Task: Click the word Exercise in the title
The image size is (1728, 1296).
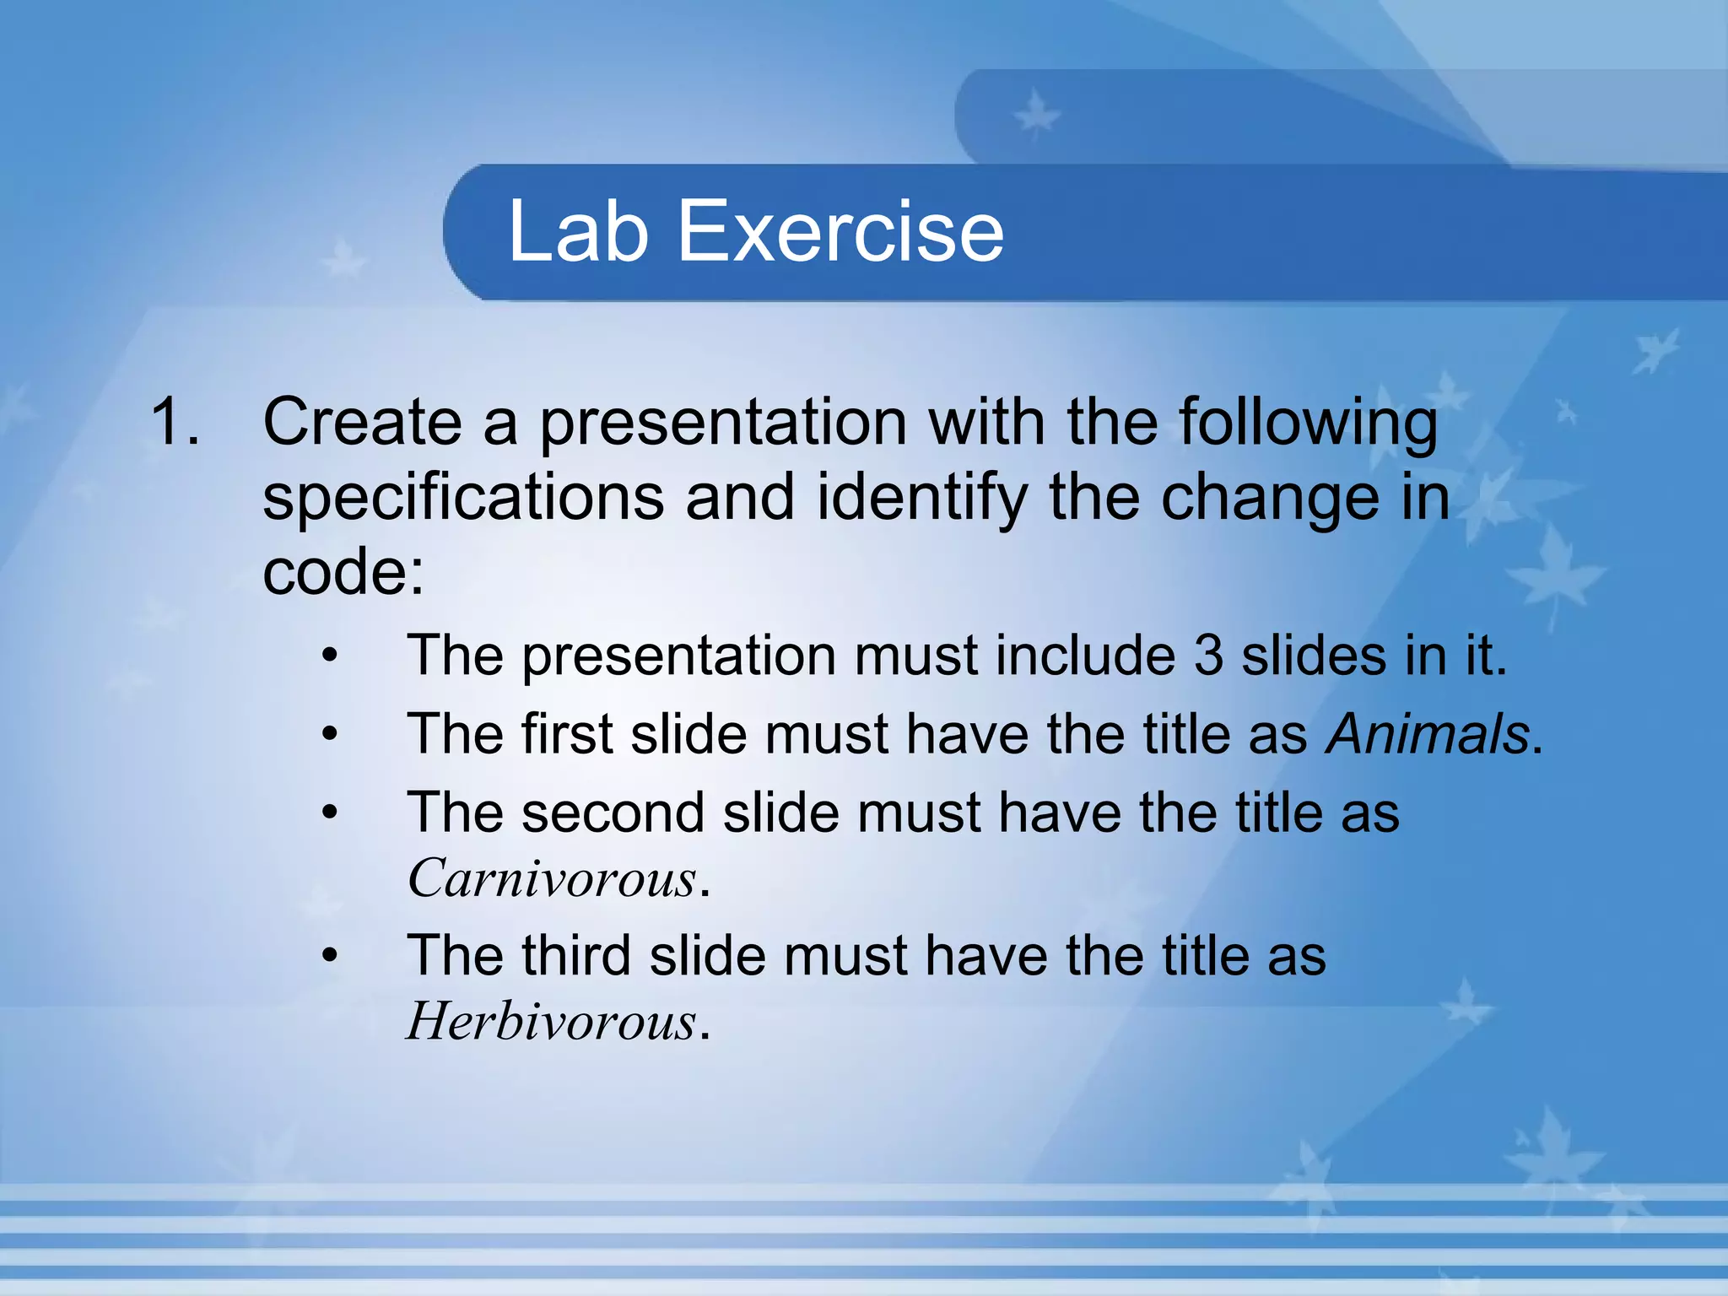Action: click(x=840, y=230)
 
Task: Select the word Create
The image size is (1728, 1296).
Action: click(x=362, y=420)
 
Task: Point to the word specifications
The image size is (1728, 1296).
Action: click(x=462, y=498)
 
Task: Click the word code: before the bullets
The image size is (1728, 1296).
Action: click(x=343, y=572)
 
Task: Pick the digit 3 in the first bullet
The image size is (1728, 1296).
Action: click(x=1207, y=655)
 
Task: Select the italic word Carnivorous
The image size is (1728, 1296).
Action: click(x=553, y=878)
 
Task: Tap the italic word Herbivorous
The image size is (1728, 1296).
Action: click(x=552, y=1021)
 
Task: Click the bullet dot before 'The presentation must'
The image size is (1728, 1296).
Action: click(x=330, y=655)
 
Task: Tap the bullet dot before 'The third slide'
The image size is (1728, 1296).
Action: click(x=330, y=955)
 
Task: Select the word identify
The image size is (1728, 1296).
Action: click(x=922, y=498)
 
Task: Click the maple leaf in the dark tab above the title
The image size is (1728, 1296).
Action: click(x=1035, y=115)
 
